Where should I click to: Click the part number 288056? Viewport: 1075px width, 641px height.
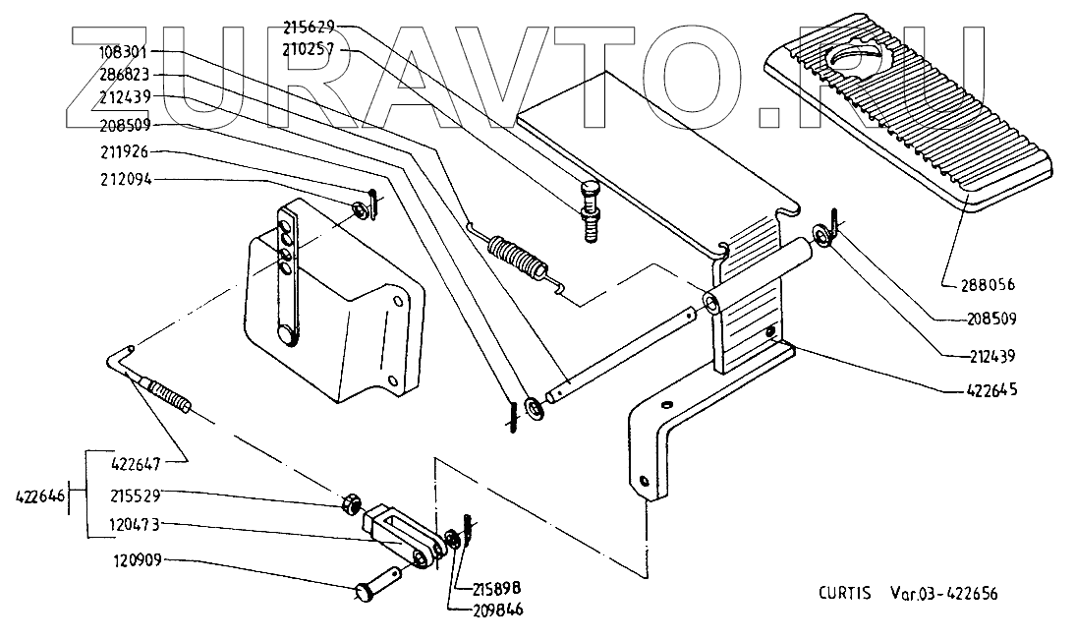click(x=988, y=286)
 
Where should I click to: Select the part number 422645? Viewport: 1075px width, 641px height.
click(x=988, y=390)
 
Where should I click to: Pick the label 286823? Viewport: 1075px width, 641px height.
click(x=125, y=75)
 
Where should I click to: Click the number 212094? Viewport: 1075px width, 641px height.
click(x=125, y=180)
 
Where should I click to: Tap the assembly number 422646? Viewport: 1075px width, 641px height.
click(x=40, y=497)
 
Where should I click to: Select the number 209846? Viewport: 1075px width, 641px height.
click(x=496, y=610)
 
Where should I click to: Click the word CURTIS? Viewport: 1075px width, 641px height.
click(x=843, y=594)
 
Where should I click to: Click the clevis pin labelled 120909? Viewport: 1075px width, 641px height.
click(x=378, y=585)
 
